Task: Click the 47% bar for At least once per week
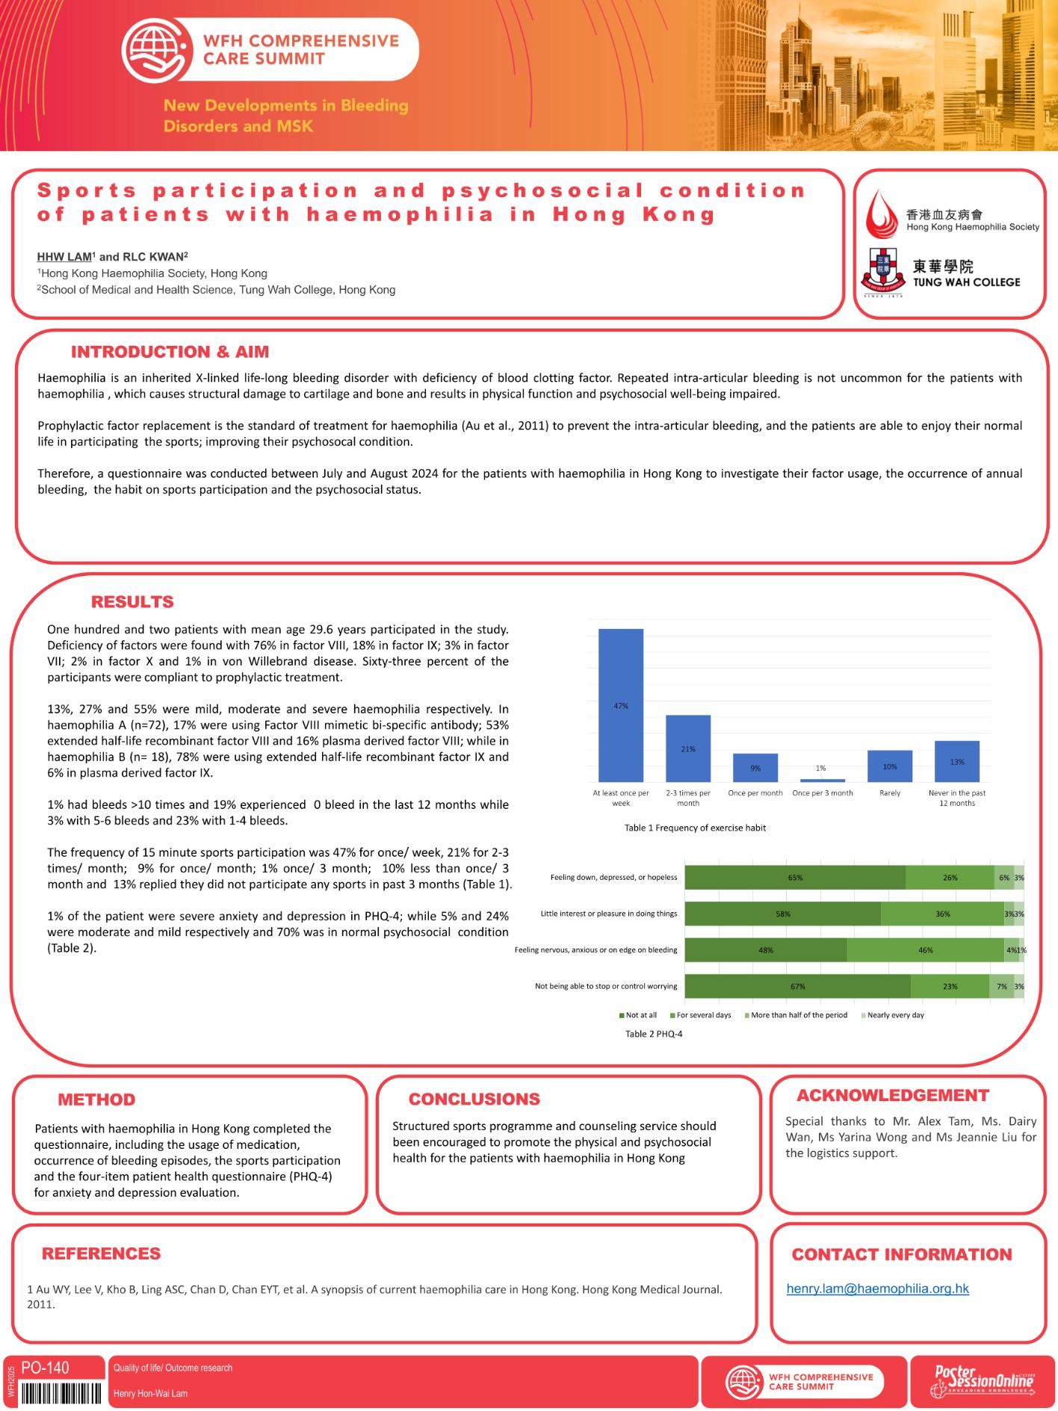coord(620,705)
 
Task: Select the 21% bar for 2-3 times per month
coord(688,748)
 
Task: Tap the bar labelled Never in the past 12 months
coord(956,761)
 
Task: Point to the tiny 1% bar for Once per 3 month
coord(822,780)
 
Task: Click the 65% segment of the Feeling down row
coord(795,878)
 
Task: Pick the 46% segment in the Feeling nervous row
coord(925,950)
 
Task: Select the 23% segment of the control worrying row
coord(950,986)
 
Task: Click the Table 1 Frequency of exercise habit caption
coord(695,828)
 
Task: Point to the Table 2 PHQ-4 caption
coord(654,1034)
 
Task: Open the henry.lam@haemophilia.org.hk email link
coord(877,1288)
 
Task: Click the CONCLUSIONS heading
coord(474,1099)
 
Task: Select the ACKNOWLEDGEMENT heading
coord(892,1095)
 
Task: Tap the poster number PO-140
coord(45,1368)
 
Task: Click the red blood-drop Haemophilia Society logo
coord(882,215)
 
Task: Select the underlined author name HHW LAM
coord(64,257)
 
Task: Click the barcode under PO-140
coord(61,1393)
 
